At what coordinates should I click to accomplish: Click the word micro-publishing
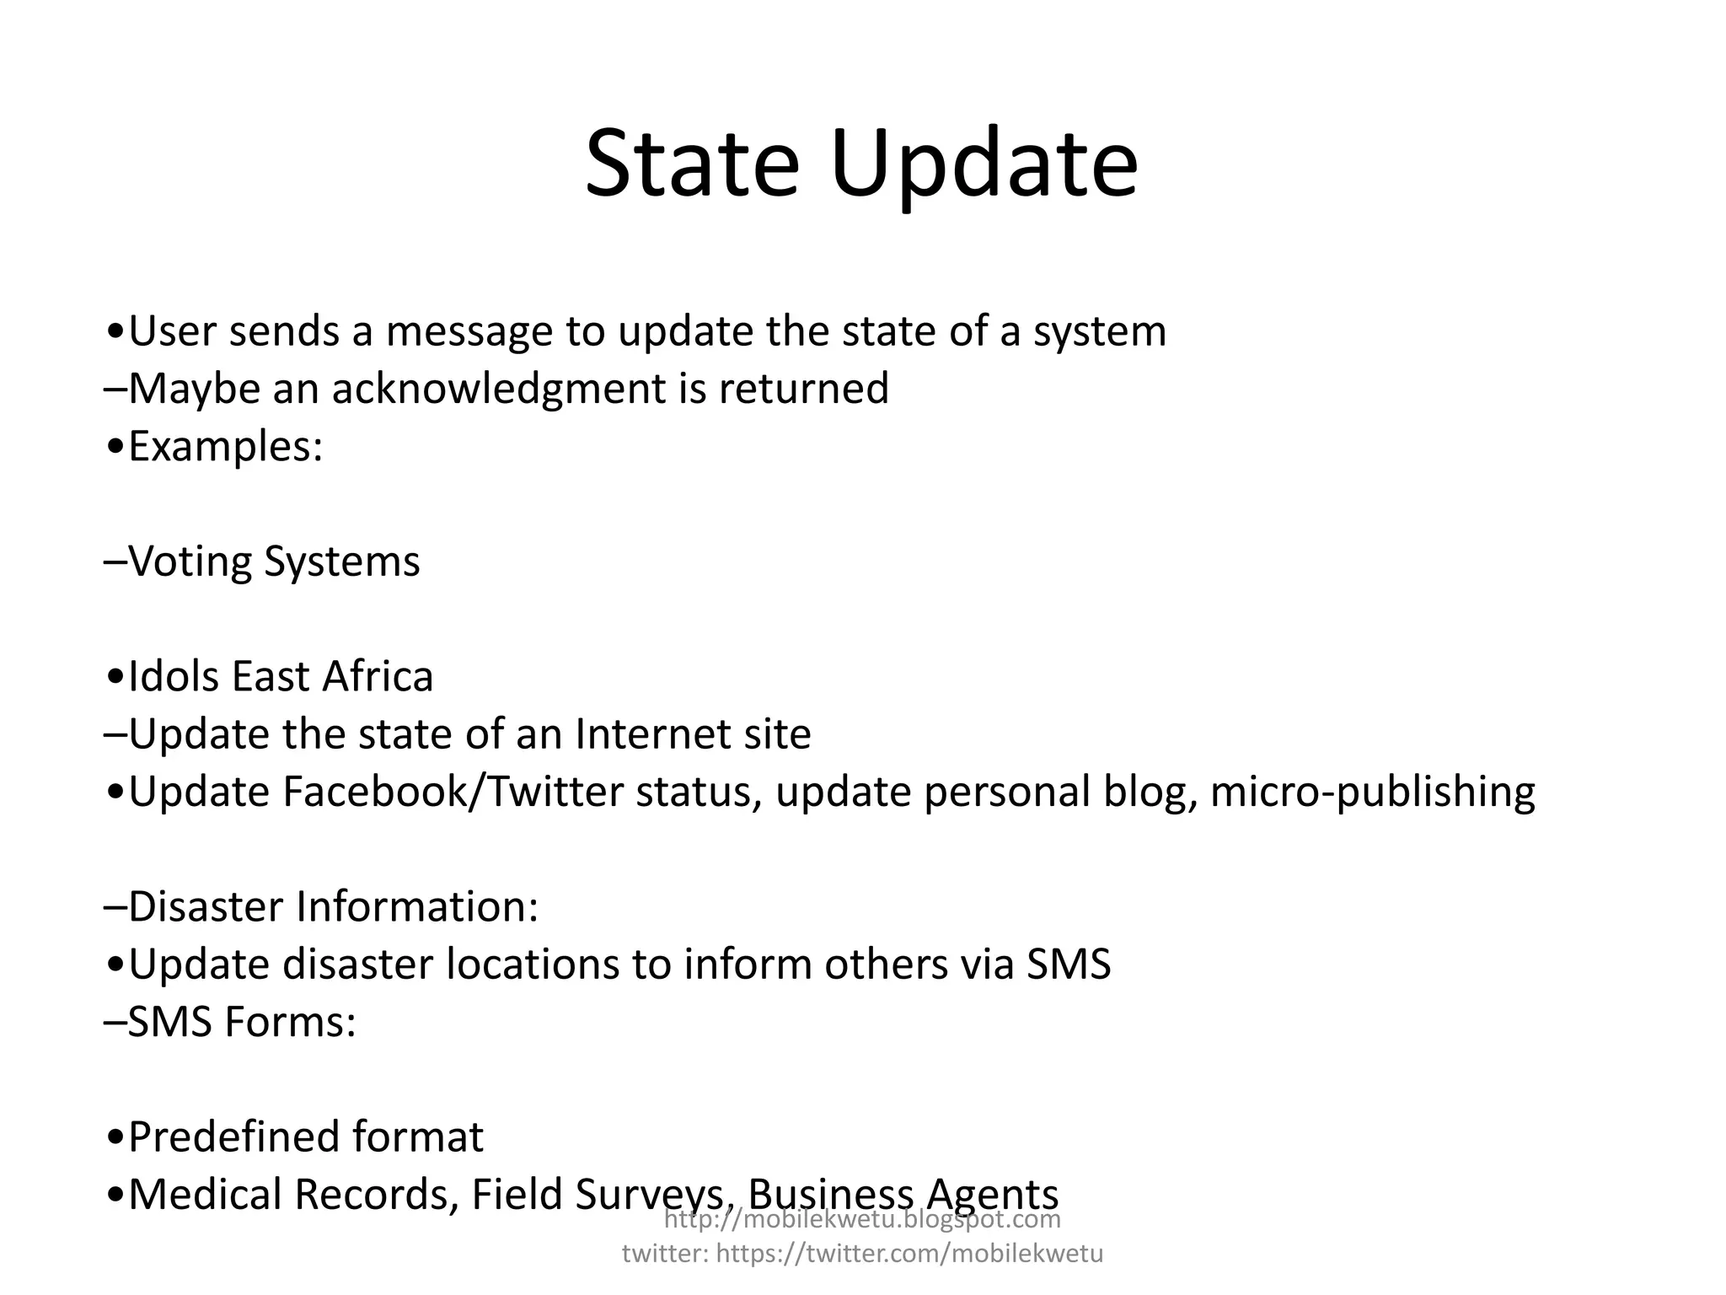click(x=1373, y=792)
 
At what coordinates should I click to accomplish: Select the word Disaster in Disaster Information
click(x=206, y=907)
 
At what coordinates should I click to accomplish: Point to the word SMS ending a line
click(x=1069, y=965)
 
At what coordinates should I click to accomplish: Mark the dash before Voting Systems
click(x=115, y=562)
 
